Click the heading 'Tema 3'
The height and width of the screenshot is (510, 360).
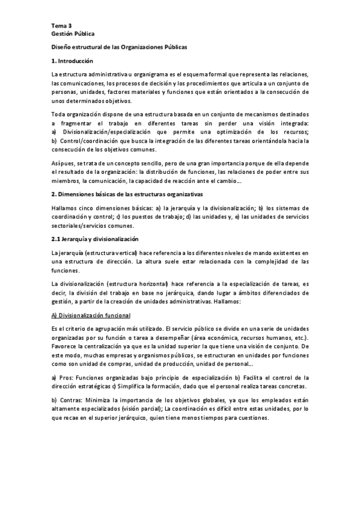click(61, 25)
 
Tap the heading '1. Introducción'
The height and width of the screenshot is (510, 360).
click(72, 61)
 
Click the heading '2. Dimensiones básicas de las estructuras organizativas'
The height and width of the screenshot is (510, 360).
click(127, 194)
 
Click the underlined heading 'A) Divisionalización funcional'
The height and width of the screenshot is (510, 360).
click(91, 316)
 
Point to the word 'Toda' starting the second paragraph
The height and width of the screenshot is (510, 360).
click(59, 114)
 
